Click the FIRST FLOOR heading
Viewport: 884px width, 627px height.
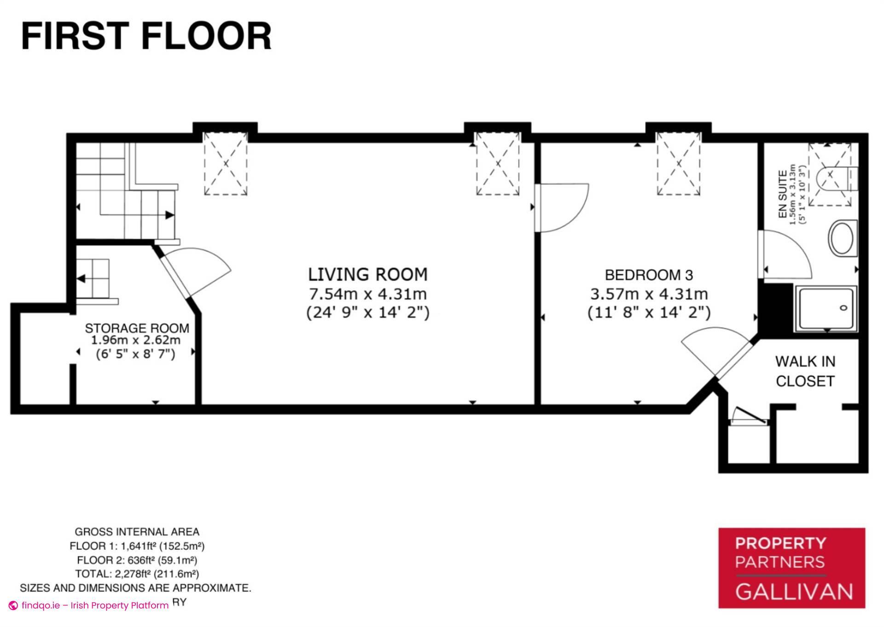tap(146, 36)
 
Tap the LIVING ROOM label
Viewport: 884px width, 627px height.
tap(367, 274)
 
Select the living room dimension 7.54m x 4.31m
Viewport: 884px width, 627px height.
tap(367, 294)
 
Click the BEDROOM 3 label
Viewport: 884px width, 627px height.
tap(649, 275)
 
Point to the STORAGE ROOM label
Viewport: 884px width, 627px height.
tap(137, 328)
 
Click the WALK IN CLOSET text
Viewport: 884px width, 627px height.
tap(805, 371)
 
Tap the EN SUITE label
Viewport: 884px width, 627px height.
tap(782, 194)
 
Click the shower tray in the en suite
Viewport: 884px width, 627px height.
tap(826, 308)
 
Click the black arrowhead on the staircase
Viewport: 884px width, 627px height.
tap(169, 215)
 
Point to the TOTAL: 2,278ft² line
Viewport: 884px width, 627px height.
tap(137, 574)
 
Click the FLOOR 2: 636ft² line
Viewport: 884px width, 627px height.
tap(137, 560)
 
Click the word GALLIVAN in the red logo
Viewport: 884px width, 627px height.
tap(794, 592)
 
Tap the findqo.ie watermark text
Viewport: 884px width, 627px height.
tap(94, 605)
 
